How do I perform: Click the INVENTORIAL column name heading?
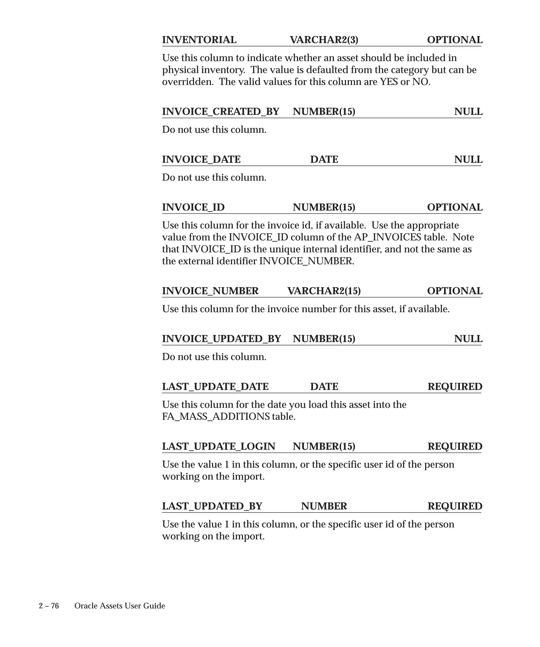pos(199,40)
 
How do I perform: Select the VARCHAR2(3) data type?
pos(324,40)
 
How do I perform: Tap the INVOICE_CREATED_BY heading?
pos(220,112)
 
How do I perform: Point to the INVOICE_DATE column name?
pos(201,160)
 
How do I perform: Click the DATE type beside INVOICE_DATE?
pos(324,160)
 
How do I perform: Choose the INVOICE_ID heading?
pos(193,207)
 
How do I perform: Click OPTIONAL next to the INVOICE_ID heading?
pos(454,207)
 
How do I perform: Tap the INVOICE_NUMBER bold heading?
pos(210,291)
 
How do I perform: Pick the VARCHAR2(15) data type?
pos(324,291)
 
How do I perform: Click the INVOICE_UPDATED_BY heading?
pos(221,339)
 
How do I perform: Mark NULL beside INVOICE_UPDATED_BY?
pos(468,339)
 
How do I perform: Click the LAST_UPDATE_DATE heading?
pos(215,387)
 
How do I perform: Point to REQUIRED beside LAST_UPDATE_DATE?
pos(455,387)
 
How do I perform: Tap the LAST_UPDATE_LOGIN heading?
pos(219,446)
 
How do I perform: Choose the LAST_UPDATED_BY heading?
pos(212,506)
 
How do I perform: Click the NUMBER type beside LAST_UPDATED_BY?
pos(324,506)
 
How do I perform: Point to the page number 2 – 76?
pos(49,606)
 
